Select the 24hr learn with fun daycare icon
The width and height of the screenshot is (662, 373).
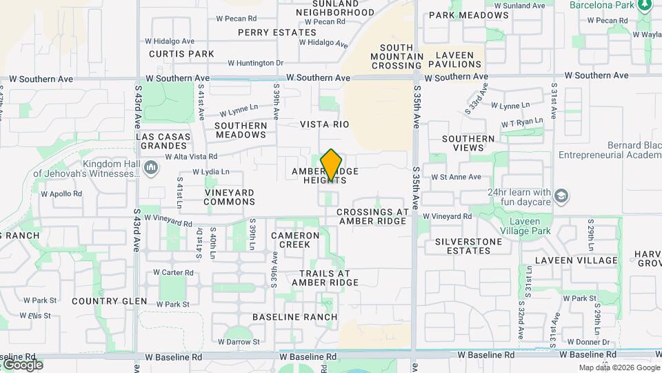click(561, 196)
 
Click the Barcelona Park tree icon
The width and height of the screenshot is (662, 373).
click(645, 5)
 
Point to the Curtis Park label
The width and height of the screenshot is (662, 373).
click(181, 54)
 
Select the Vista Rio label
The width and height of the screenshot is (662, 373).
click(324, 124)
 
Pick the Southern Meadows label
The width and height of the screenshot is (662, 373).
click(241, 130)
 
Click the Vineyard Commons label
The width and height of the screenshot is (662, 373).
click(230, 197)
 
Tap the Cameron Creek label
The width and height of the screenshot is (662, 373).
click(295, 240)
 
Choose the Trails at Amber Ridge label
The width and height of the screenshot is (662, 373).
click(325, 278)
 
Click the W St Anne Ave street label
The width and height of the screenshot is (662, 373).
click(456, 177)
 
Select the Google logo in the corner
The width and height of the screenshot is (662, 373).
click(23, 364)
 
